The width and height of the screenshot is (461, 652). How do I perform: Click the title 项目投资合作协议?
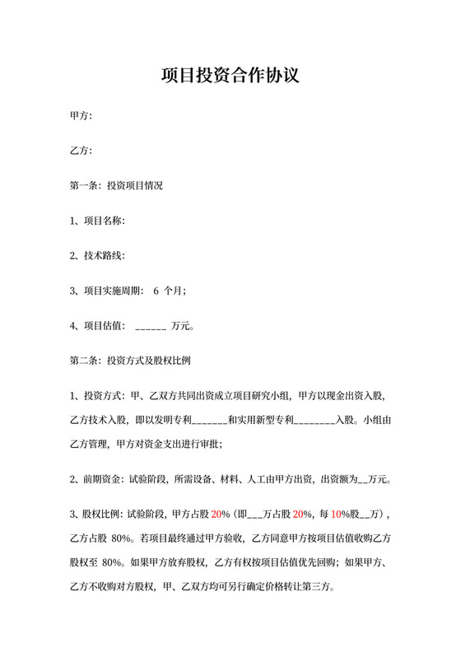pos(230,77)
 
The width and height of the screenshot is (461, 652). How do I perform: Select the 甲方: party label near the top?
pos(81,116)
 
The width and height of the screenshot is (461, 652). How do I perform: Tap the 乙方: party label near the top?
pos(81,151)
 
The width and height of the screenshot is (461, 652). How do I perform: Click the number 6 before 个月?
pos(156,291)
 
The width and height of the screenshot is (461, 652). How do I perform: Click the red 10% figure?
pos(338,515)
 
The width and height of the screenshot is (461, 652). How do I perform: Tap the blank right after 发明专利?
pos(208,420)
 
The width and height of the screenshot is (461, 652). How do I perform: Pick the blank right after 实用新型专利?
pos(314,420)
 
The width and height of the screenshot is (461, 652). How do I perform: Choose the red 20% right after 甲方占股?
pos(219,515)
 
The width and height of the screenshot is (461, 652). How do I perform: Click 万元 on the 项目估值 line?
pos(181,326)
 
